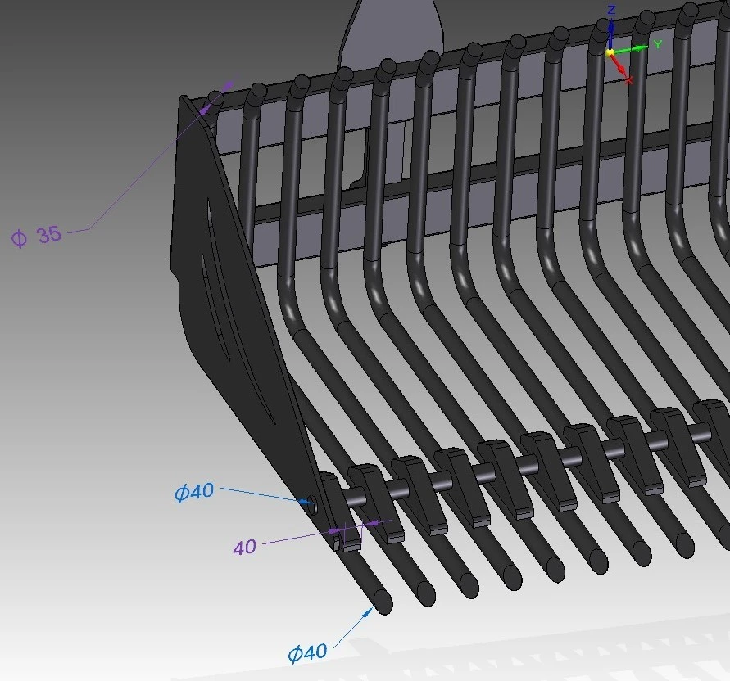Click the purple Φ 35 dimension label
coord(36,237)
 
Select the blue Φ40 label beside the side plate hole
coord(195,492)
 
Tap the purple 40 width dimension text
coord(244,547)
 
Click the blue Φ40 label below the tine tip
coord(307,652)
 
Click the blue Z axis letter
coord(612,10)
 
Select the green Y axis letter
coord(658,45)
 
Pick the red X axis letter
coord(629,80)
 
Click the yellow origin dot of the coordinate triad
coord(610,52)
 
